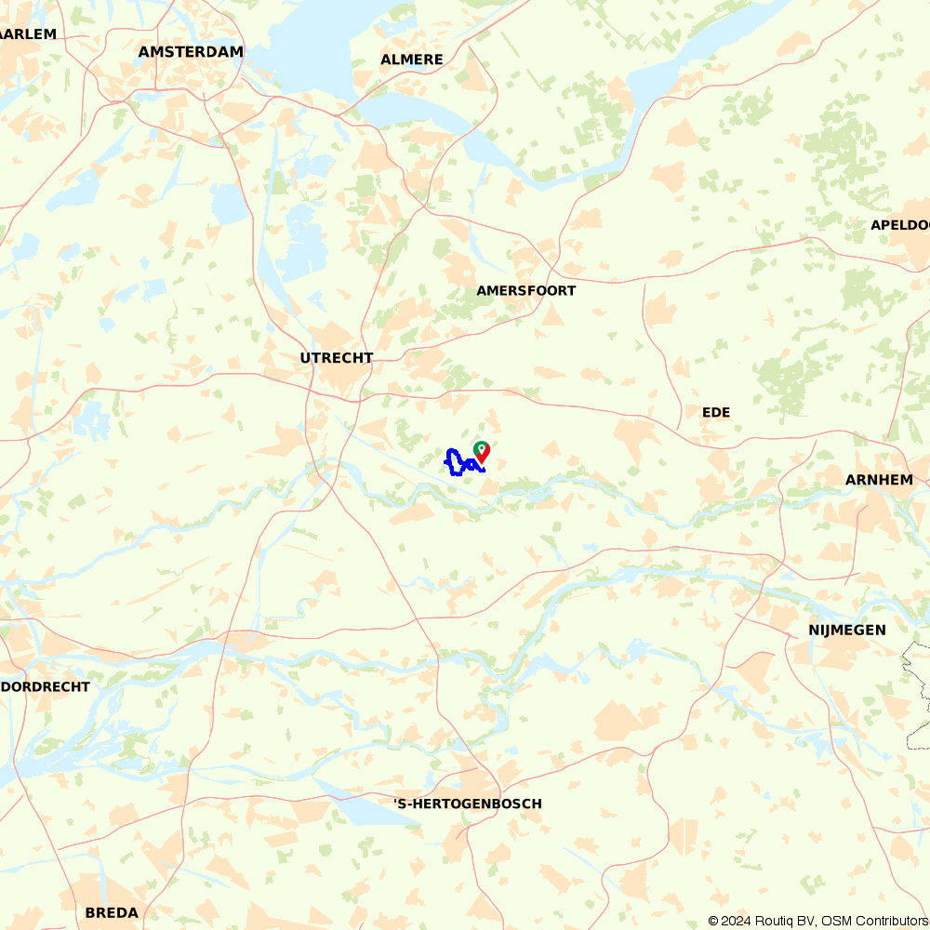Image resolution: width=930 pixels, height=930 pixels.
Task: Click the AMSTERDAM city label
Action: (191, 52)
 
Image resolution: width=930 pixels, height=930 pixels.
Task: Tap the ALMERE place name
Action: (411, 60)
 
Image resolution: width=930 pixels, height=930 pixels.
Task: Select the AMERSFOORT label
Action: (525, 291)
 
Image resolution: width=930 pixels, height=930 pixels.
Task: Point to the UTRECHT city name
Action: (336, 358)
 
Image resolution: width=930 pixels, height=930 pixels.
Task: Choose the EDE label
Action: (716, 412)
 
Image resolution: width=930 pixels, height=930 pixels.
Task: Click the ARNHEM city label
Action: (879, 480)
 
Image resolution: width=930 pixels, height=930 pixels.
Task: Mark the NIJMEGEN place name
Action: (846, 631)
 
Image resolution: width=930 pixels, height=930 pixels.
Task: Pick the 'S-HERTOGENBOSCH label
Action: (467, 804)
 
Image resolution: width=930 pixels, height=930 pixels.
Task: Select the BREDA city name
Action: (112, 912)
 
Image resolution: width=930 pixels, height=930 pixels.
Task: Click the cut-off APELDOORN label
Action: (899, 225)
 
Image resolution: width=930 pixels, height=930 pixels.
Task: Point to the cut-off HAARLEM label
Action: (28, 34)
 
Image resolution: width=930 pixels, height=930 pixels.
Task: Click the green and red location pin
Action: (482, 451)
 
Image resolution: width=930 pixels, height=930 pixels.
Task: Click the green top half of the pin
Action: (482, 447)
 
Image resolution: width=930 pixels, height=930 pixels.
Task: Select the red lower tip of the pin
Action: (482, 459)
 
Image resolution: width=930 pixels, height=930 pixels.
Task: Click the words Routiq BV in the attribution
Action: (781, 921)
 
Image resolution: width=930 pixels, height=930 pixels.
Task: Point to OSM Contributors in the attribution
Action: (874, 921)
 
